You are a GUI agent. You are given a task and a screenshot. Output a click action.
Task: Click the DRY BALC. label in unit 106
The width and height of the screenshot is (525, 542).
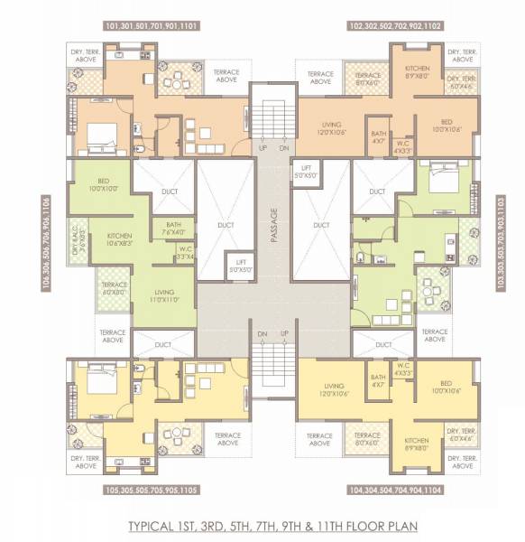click(80, 247)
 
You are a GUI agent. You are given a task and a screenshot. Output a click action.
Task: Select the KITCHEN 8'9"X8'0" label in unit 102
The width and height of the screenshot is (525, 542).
click(417, 73)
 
